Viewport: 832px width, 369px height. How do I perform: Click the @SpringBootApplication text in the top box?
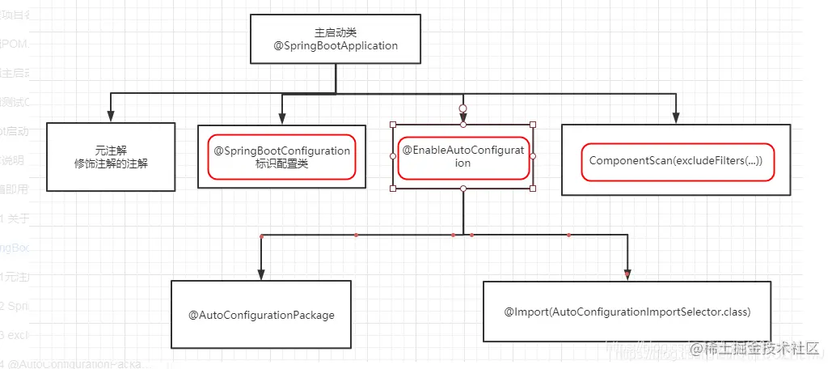tap(336, 46)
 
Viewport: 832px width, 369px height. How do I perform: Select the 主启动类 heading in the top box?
tap(336, 32)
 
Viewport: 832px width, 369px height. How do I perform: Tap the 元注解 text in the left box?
tap(111, 150)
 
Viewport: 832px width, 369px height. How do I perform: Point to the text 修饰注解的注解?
tap(111, 163)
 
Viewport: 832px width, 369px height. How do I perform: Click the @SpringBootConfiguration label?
tap(281, 151)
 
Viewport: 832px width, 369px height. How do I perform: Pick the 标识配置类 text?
tap(281, 163)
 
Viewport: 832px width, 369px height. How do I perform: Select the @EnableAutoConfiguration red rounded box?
tap(462, 156)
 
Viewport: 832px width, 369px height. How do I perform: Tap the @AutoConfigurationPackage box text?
tap(261, 315)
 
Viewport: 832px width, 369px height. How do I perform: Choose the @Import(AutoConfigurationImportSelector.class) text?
tap(627, 312)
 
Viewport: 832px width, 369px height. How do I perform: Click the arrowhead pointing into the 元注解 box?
tap(111, 117)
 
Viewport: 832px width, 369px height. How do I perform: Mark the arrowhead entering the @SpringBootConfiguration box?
tap(282, 119)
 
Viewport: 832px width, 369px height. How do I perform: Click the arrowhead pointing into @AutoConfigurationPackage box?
tap(261, 274)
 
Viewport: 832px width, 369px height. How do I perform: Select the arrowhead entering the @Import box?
tap(627, 275)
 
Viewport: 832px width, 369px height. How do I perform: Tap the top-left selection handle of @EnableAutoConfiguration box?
tap(393, 125)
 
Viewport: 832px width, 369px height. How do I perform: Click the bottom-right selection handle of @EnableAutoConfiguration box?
tap(533, 188)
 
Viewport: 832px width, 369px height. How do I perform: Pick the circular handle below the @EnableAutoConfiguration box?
tap(462, 188)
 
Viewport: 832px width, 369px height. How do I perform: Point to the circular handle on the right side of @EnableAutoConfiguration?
tap(533, 156)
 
